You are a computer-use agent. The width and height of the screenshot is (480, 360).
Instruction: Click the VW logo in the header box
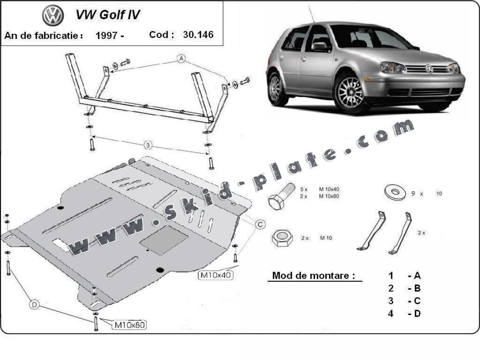click(53, 16)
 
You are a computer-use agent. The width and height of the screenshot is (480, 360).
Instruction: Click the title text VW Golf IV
click(107, 15)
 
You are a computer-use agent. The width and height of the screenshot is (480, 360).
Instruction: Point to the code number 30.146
click(198, 35)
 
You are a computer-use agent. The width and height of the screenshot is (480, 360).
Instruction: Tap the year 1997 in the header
click(106, 35)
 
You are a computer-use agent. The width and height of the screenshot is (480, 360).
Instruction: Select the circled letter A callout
click(181, 59)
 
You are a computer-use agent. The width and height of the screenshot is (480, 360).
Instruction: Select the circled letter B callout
click(147, 145)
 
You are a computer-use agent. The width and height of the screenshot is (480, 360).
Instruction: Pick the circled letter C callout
click(260, 225)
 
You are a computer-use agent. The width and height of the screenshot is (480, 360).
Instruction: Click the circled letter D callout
click(34, 305)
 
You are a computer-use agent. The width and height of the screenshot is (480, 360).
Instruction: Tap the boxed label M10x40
click(215, 275)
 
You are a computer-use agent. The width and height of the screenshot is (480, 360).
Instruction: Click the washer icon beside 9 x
click(394, 192)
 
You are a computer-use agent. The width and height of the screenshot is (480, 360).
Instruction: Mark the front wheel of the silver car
click(351, 92)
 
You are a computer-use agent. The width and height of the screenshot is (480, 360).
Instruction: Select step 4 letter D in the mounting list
click(417, 313)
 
